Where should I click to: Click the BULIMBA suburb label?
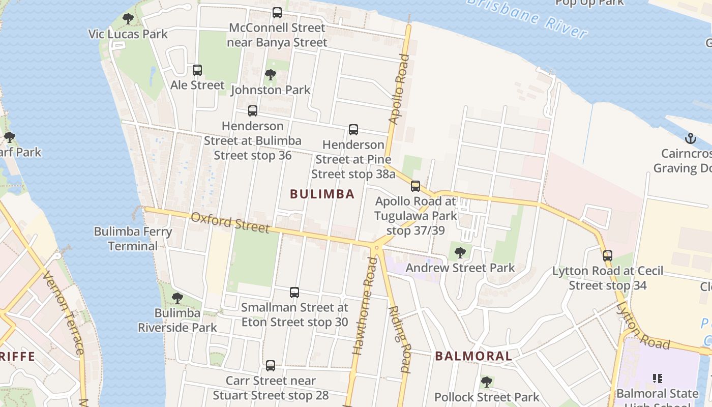(322, 194)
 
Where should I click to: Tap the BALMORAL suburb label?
(473, 356)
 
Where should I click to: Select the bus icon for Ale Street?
(197, 70)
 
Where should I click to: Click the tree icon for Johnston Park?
(271, 75)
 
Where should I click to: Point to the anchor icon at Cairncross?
(690, 138)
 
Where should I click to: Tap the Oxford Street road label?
(230, 222)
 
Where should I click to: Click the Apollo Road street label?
(399, 90)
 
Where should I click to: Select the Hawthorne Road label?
(366, 305)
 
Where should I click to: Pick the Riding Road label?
(399, 339)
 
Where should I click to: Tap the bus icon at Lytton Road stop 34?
(607, 255)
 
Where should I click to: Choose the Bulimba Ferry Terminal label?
(133, 239)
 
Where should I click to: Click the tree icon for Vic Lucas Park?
(128, 19)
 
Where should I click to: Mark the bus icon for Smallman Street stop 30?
(294, 293)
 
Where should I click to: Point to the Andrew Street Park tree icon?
(460, 252)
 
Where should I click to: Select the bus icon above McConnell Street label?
(277, 13)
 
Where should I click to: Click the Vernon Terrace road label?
(64, 312)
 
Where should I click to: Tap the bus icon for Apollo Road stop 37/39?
(416, 186)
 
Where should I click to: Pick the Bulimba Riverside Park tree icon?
(177, 298)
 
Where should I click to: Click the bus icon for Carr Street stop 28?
(271, 365)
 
